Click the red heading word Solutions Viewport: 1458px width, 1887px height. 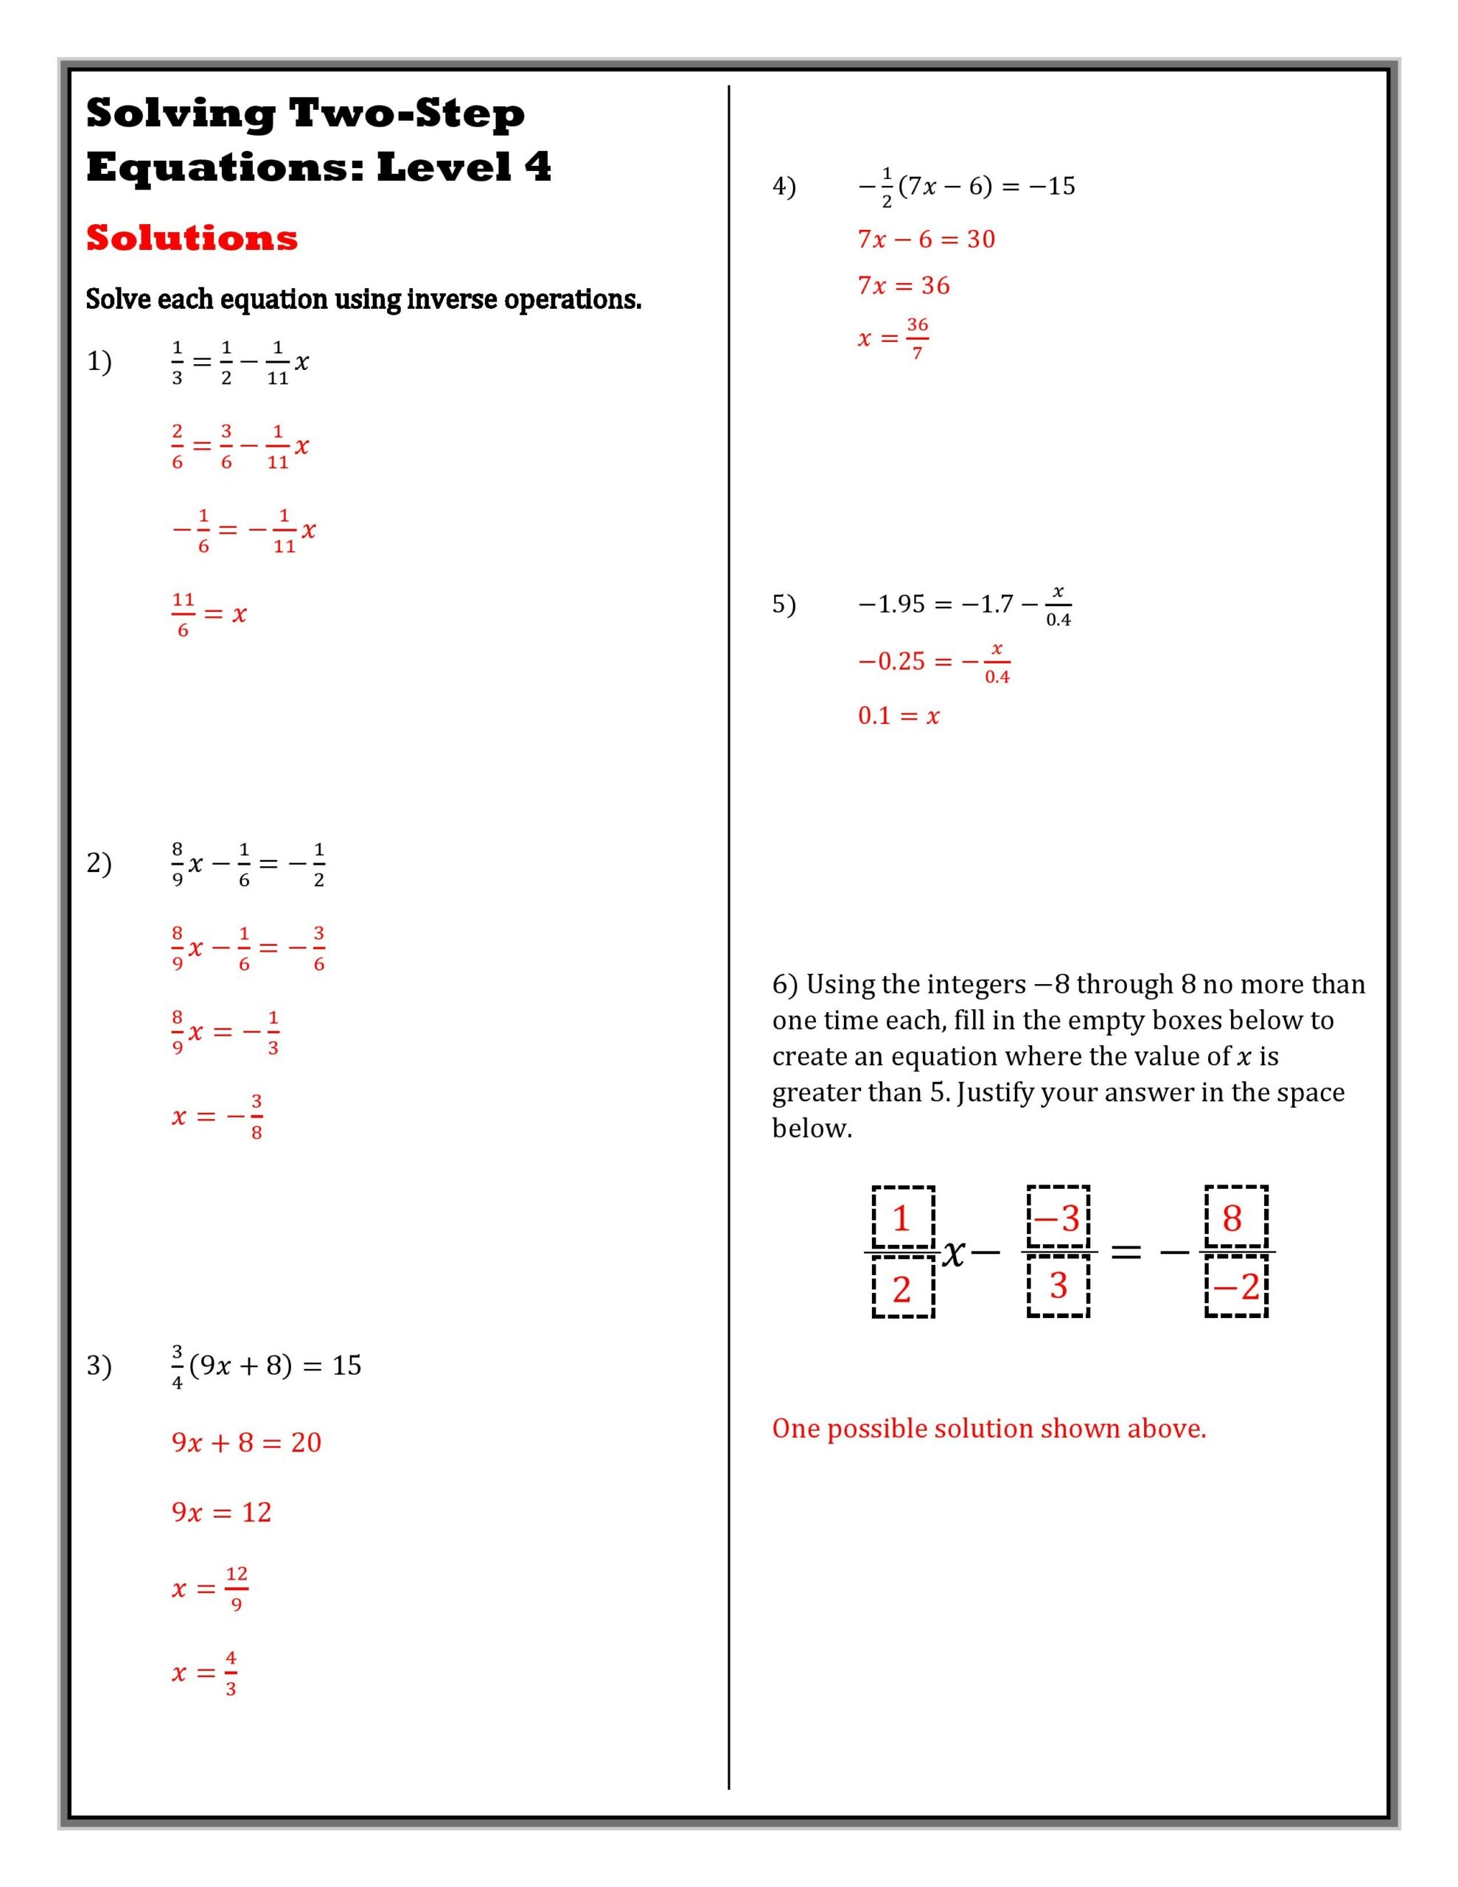(x=192, y=237)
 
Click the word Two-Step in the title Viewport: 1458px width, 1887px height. (x=406, y=114)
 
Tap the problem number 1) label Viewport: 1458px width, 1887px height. (x=99, y=361)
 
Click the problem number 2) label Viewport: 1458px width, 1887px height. (x=99, y=863)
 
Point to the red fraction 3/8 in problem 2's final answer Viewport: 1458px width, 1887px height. (x=256, y=1116)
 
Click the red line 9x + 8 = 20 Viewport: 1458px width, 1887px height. (x=246, y=1442)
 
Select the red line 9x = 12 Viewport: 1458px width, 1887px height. (x=221, y=1512)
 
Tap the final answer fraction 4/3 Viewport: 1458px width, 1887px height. (x=231, y=1672)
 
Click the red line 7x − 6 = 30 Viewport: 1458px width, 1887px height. (x=926, y=240)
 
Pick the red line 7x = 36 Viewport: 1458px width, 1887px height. (x=903, y=286)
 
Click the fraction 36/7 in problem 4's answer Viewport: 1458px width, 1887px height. (x=917, y=338)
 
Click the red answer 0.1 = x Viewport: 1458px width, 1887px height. (x=898, y=716)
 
